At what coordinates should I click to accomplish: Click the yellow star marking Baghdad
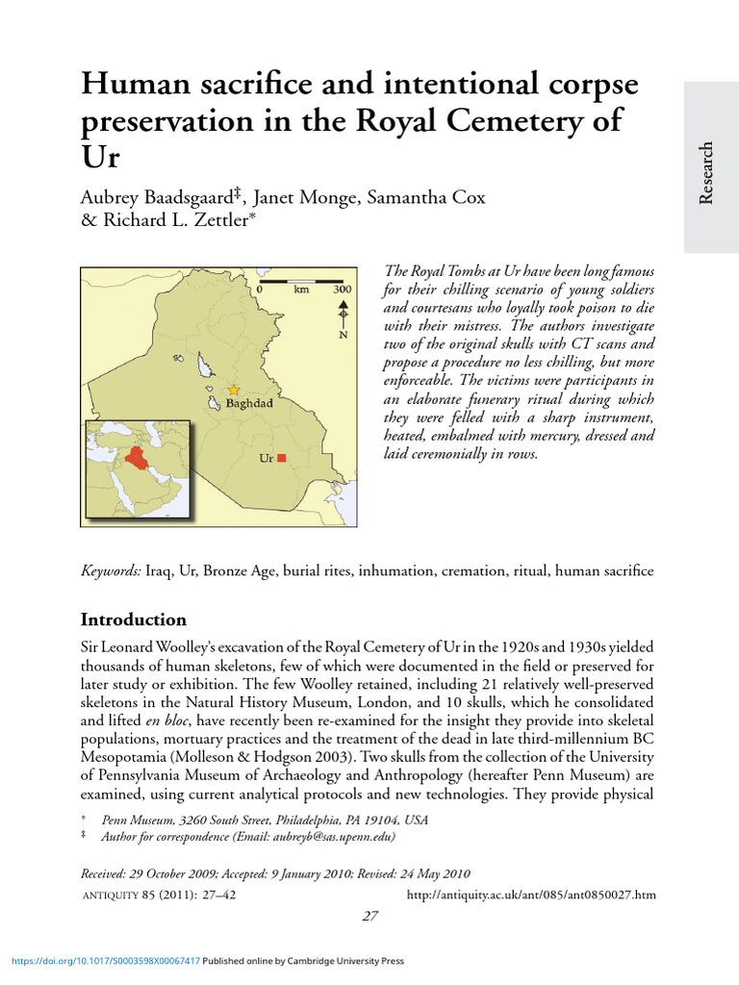233,391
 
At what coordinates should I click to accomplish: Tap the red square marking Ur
282,459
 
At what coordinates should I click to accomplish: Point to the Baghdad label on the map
249,404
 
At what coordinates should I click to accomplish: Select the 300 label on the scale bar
342,289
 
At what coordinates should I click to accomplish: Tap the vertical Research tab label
707,173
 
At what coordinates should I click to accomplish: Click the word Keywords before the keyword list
111,571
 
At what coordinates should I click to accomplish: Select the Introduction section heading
133,619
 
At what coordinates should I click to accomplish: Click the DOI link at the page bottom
105,961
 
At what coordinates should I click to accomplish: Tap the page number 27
369,917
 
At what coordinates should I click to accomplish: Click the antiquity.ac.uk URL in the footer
532,895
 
